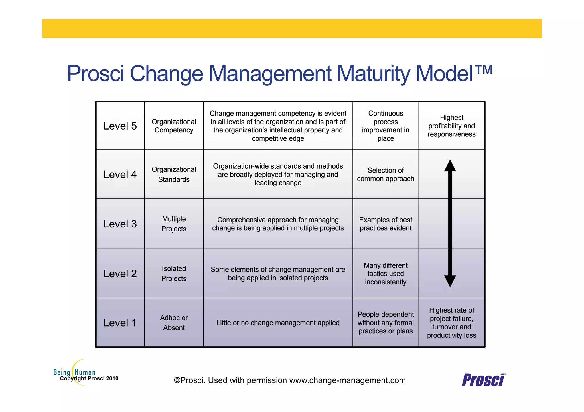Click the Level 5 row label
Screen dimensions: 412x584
(x=120, y=126)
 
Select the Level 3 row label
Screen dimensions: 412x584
(x=120, y=224)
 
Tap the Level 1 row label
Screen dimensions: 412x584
(x=120, y=323)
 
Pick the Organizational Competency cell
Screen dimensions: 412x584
(x=174, y=126)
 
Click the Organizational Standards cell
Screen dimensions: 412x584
(x=174, y=174)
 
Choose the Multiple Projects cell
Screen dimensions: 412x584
(x=174, y=224)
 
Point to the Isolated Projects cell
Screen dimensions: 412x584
(x=174, y=273)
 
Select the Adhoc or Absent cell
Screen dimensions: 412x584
(x=174, y=323)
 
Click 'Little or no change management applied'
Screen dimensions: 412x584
(x=278, y=323)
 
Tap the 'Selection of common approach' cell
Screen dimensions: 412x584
(x=386, y=174)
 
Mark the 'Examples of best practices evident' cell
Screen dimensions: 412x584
(x=386, y=224)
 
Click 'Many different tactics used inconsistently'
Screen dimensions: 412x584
(x=386, y=273)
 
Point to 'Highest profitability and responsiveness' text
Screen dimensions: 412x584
(x=451, y=126)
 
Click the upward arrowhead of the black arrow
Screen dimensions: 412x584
(x=450, y=166)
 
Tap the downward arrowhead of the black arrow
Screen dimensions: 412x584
(x=450, y=281)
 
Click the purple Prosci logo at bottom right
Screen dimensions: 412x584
(x=484, y=380)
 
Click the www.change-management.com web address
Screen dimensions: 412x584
(x=347, y=380)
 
